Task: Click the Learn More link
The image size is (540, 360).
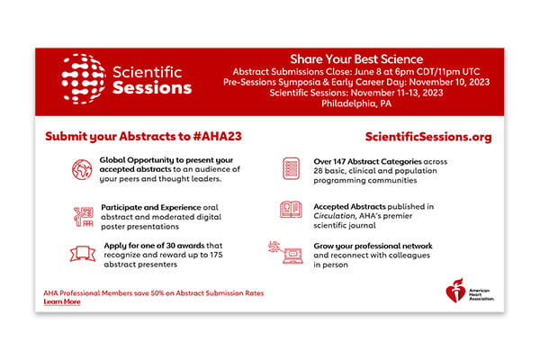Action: click(x=61, y=301)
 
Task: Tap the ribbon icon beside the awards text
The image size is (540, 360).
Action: click(x=83, y=254)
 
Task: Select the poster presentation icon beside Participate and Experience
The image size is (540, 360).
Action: click(x=83, y=216)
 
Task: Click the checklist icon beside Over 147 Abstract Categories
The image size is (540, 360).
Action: click(x=291, y=168)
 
